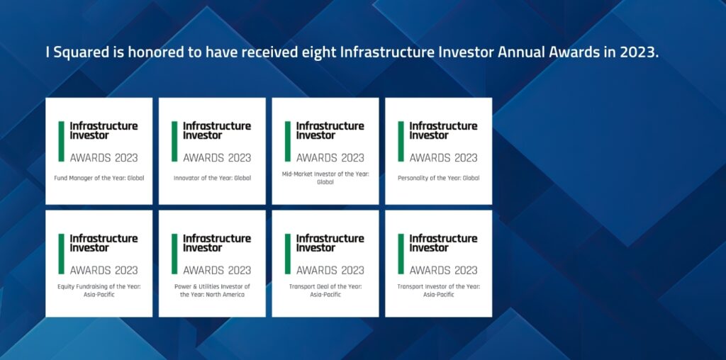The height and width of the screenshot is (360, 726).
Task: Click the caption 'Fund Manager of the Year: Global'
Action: coord(99,178)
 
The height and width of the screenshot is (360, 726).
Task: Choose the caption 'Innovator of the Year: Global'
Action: coord(212,178)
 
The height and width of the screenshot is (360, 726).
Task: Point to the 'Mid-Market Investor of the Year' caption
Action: coord(325,178)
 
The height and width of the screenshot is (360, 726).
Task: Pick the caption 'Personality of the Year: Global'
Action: coord(439,178)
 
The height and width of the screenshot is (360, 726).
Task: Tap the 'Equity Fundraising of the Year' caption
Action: coord(99,290)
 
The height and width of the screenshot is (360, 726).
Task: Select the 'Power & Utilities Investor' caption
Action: coord(212,290)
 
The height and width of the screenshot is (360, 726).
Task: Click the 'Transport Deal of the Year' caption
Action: coord(325,290)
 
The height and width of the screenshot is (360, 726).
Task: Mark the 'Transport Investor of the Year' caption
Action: coord(439,290)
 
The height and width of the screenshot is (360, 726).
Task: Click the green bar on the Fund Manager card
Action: coord(62,142)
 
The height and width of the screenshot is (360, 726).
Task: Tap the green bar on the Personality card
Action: coord(401,142)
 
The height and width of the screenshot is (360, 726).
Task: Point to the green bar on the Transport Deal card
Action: coord(288,254)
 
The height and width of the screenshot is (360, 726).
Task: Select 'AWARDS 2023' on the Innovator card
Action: coord(217,157)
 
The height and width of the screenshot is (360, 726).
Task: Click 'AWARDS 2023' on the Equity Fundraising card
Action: coord(104,270)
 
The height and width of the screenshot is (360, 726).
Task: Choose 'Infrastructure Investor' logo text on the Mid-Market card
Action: coord(330,130)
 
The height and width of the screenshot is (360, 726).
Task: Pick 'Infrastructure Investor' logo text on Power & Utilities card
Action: coord(217,243)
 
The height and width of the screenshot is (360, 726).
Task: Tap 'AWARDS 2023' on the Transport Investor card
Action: coord(443,270)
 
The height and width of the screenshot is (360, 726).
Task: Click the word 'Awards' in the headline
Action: coord(572,52)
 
